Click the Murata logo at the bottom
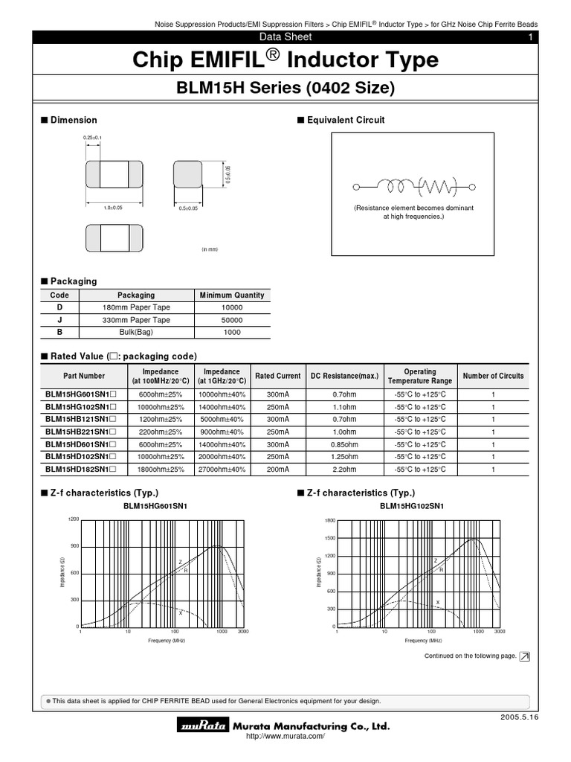point(202,726)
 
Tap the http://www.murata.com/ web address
point(285,737)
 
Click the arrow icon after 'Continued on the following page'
point(525,656)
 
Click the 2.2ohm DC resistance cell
point(344,470)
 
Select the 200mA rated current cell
point(277,470)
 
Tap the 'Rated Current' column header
point(277,376)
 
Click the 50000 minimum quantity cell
point(232,320)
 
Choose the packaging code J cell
point(59,320)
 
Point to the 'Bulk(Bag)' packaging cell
point(136,333)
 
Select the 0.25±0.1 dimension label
point(92,138)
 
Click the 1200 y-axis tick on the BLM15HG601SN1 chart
point(73,519)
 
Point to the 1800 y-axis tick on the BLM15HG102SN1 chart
point(330,520)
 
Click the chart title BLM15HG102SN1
point(411,506)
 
